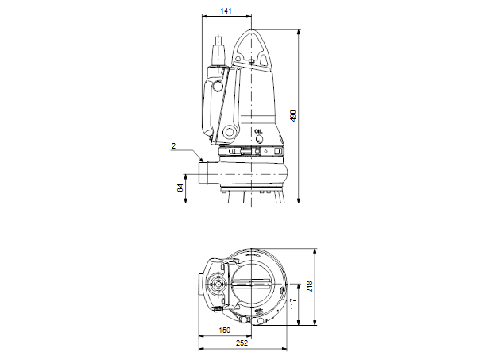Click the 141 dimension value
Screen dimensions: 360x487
click(x=226, y=10)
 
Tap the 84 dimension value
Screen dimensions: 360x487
click(x=180, y=188)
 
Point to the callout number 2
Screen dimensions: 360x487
click(x=172, y=146)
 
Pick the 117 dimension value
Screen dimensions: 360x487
click(x=292, y=303)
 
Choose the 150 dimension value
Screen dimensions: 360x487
click(x=225, y=330)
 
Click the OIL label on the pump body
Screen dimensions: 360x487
click(x=257, y=130)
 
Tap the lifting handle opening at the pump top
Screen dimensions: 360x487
click(x=251, y=43)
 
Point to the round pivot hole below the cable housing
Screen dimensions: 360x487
click(x=230, y=131)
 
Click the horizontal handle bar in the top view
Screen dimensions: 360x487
click(x=253, y=287)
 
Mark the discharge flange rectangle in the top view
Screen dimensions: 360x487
click(x=200, y=287)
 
